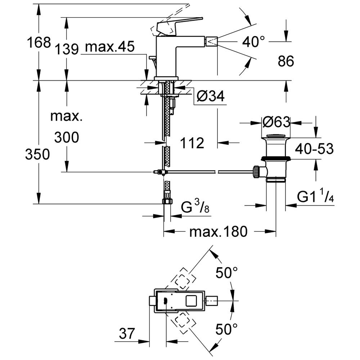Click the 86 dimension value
pyautogui.click(x=286, y=62)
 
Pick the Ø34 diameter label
pyautogui.click(x=211, y=96)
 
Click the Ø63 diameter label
pyautogui.click(x=276, y=122)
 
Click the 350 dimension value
pyautogui.click(x=37, y=155)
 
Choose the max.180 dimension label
pyautogui.click(x=219, y=231)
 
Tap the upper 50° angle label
pyautogui.click(x=227, y=273)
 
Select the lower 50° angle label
pyautogui.click(x=227, y=329)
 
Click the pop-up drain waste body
pyautogui.click(x=275, y=158)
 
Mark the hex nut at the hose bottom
pyautogui.click(x=167, y=201)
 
